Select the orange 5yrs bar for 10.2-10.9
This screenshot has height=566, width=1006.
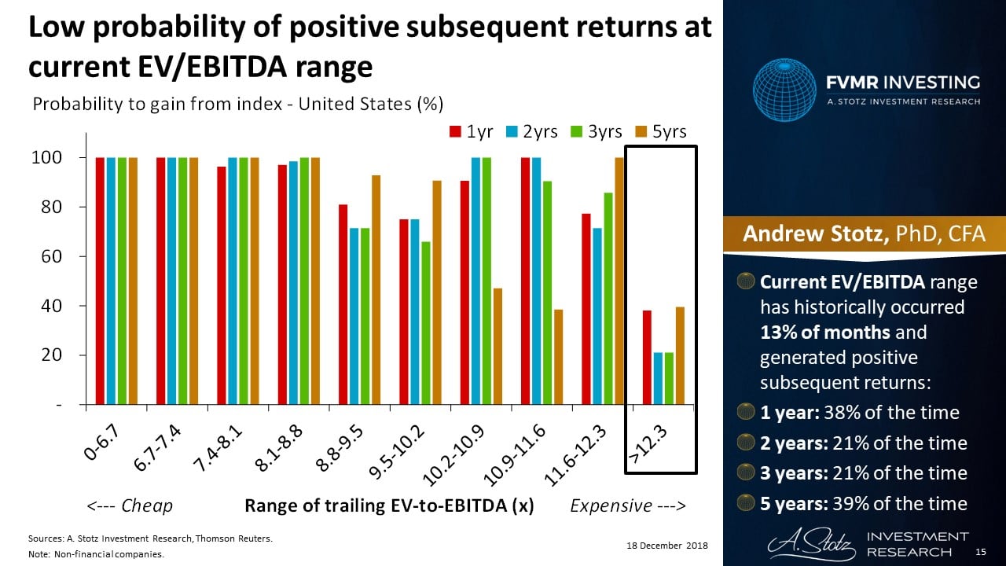pyautogui.click(x=497, y=346)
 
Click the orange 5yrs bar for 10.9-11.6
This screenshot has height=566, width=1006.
pyautogui.click(x=559, y=357)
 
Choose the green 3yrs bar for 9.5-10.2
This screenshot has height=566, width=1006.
pyautogui.click(x=425, y=323)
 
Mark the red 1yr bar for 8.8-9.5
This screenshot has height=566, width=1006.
pyautogui.click(x=343, y=304)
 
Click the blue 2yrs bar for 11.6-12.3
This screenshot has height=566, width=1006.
pyautogui.click(x=597, y=316)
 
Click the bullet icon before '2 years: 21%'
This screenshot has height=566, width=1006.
pyautogui.click(x=746, y=443)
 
